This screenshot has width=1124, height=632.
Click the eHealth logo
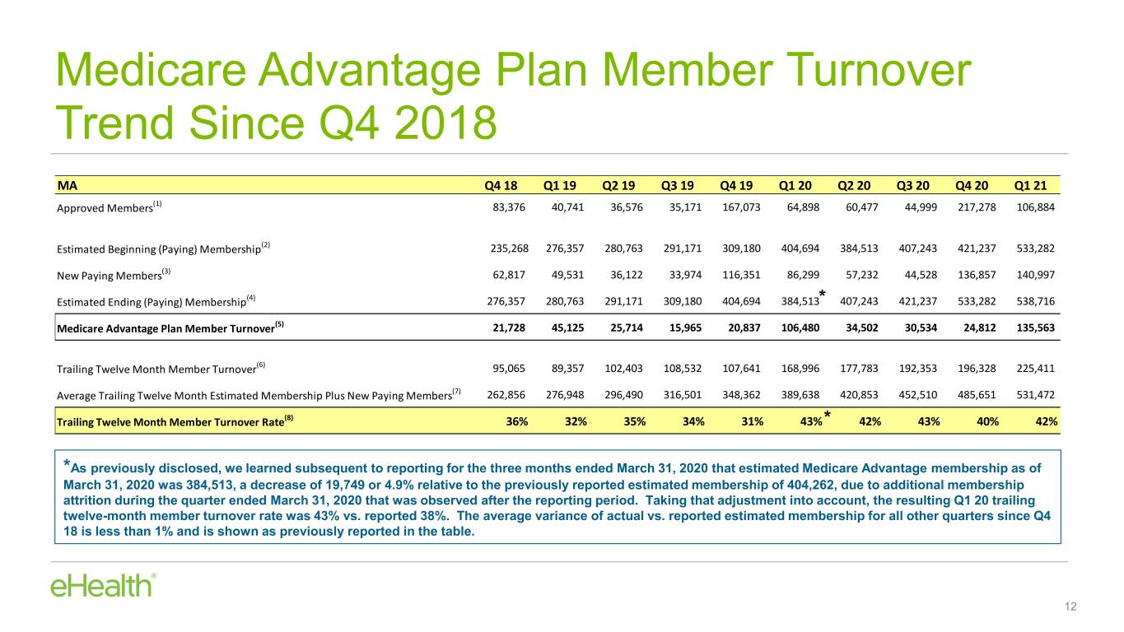coord(103,586)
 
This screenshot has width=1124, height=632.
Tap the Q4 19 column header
coord(736,186)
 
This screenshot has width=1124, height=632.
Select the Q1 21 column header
coord(1030,186)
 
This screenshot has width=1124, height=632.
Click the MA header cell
coord(68,186)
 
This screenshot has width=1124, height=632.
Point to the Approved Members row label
coord(109,207)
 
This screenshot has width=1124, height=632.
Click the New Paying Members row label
coord(114,275)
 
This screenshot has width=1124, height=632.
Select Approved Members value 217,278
coord(977,207)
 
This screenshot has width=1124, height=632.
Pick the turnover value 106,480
coord(800,328)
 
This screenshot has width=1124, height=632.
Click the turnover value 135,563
coord(1035,328)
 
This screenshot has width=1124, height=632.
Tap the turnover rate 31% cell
coord(752,422)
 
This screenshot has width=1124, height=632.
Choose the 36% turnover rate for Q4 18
coord(517,422)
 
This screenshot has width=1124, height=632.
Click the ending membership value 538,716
coord(1035,301)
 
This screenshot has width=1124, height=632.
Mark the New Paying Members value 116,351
coord(741,275)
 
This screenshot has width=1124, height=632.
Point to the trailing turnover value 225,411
coord(1035,369)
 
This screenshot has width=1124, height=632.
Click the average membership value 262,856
coord(506,395)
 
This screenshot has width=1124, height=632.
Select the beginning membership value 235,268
coord(510,249)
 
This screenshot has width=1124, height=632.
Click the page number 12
coord(1070,606)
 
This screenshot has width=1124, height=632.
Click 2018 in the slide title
coord(445,123)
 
